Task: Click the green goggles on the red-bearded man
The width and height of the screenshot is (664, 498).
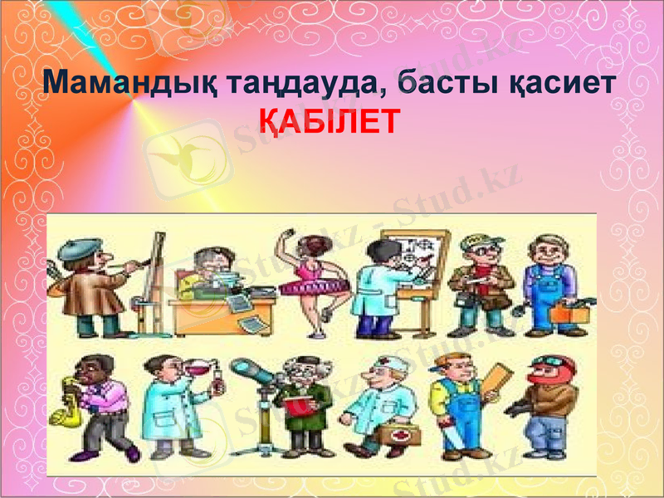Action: (x=549, y=362)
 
